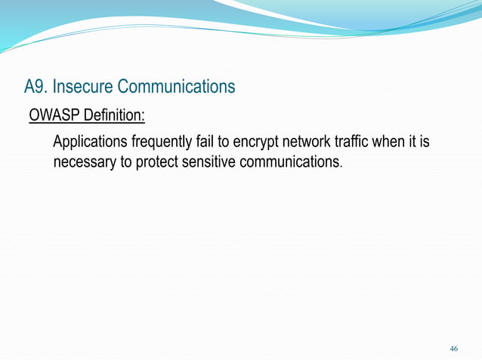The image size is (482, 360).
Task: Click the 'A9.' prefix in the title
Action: click(x=35, y=88)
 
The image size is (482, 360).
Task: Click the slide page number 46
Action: click(x=453, y=349)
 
